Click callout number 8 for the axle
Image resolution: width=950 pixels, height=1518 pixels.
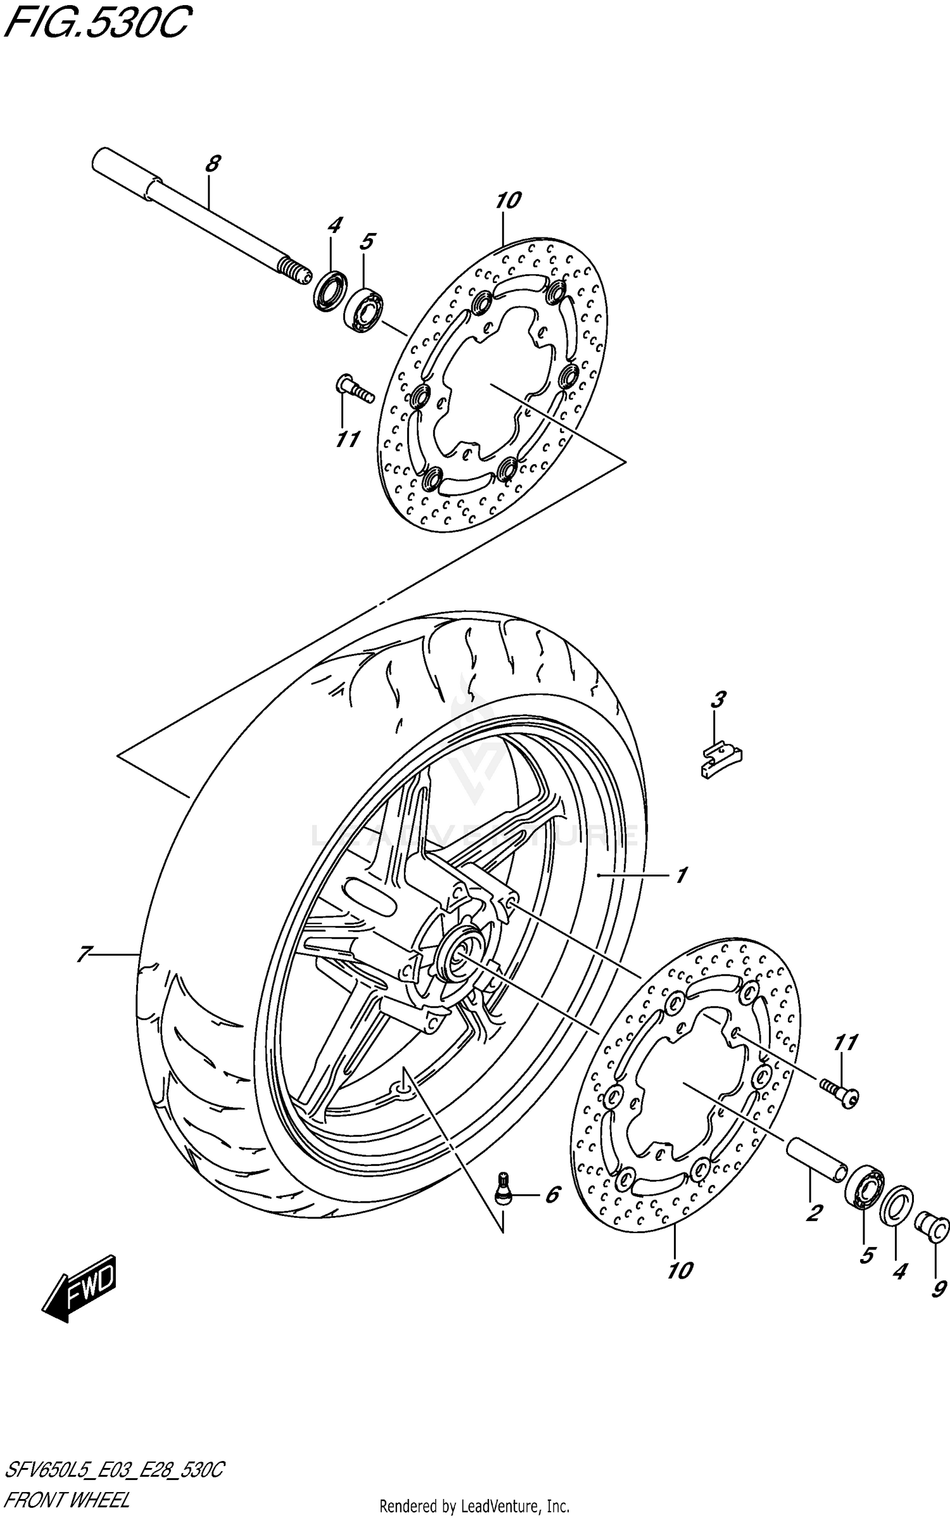tap(213, 164)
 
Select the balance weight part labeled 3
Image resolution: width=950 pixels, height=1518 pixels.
tap(721, 759)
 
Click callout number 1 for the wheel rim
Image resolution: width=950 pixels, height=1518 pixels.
tap(681, 876)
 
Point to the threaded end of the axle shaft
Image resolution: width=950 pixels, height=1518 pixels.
tap(295, 270)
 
